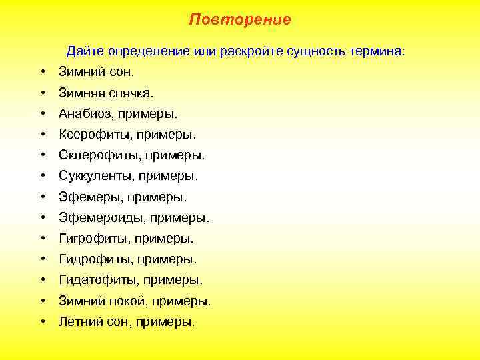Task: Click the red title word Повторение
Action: [x=240, y=19]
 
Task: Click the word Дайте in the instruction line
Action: [x=81, y=51]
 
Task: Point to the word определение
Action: [x=143, y=51]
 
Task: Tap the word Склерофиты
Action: [x=94, y=155]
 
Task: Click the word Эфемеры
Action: [x=84, y=197]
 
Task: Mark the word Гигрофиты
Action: [x=89, y=238]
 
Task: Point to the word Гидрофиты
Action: [x=91, y=259]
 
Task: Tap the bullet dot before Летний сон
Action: [x=42, y=322]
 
